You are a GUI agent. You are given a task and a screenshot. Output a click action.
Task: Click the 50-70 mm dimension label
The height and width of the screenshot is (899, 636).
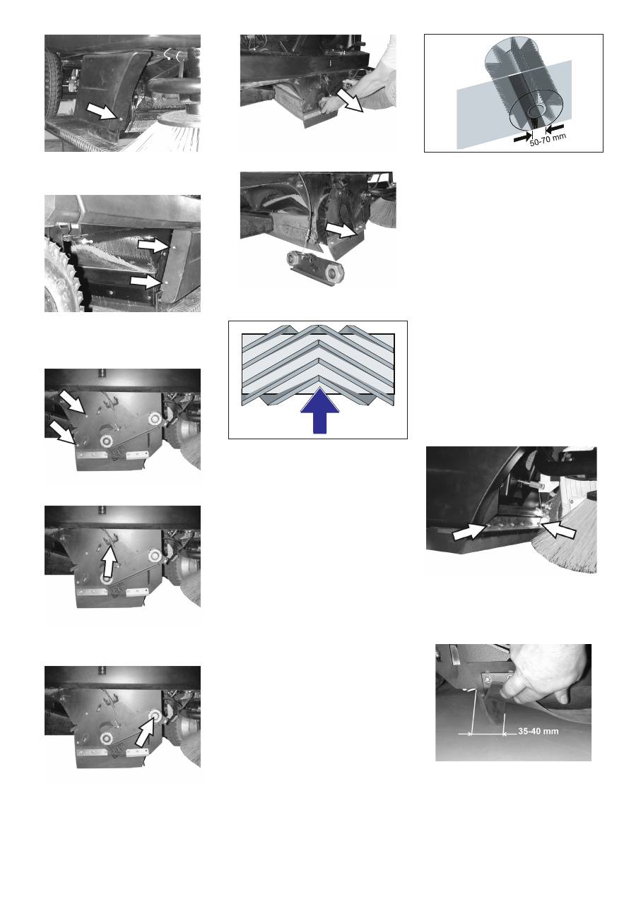548,139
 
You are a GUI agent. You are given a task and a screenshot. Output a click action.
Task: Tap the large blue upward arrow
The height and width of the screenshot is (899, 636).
320,410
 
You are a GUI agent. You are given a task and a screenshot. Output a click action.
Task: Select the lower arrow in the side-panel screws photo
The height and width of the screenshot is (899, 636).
148,282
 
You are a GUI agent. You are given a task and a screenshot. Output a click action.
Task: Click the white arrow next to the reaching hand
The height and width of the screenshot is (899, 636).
349,100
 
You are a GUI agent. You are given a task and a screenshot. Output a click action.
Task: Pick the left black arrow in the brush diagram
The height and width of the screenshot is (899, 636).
523,138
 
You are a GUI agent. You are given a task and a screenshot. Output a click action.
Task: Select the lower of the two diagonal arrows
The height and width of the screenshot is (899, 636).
63,433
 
